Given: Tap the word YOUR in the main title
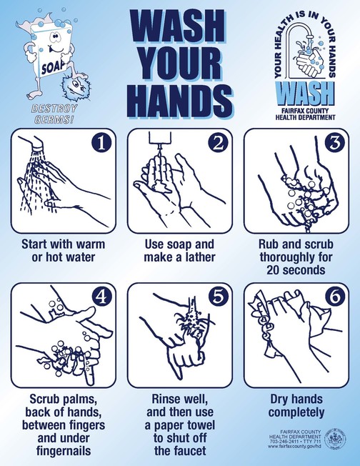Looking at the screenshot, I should coord(180,64).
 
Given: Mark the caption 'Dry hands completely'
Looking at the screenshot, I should coord(296,407).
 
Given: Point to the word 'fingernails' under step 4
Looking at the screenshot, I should coord(62,451).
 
